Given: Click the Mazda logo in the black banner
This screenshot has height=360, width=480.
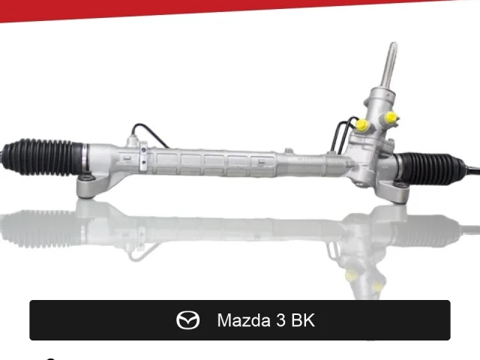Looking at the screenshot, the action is (x=188, y=320).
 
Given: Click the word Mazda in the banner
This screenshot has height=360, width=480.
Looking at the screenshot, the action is (x=244, y=320).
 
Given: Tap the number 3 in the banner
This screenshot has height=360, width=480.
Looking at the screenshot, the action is (x=280, y=320).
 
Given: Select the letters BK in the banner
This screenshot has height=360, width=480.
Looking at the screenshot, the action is (x=303, y=320).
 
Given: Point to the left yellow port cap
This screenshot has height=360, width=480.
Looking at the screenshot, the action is (x=362, y=125).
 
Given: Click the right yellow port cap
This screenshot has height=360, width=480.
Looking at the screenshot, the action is (x=391, y=118).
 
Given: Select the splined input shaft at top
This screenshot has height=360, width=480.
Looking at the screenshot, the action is (x=388, y=65).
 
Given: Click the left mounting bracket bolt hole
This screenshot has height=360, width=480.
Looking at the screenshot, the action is (x=87, y=178).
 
